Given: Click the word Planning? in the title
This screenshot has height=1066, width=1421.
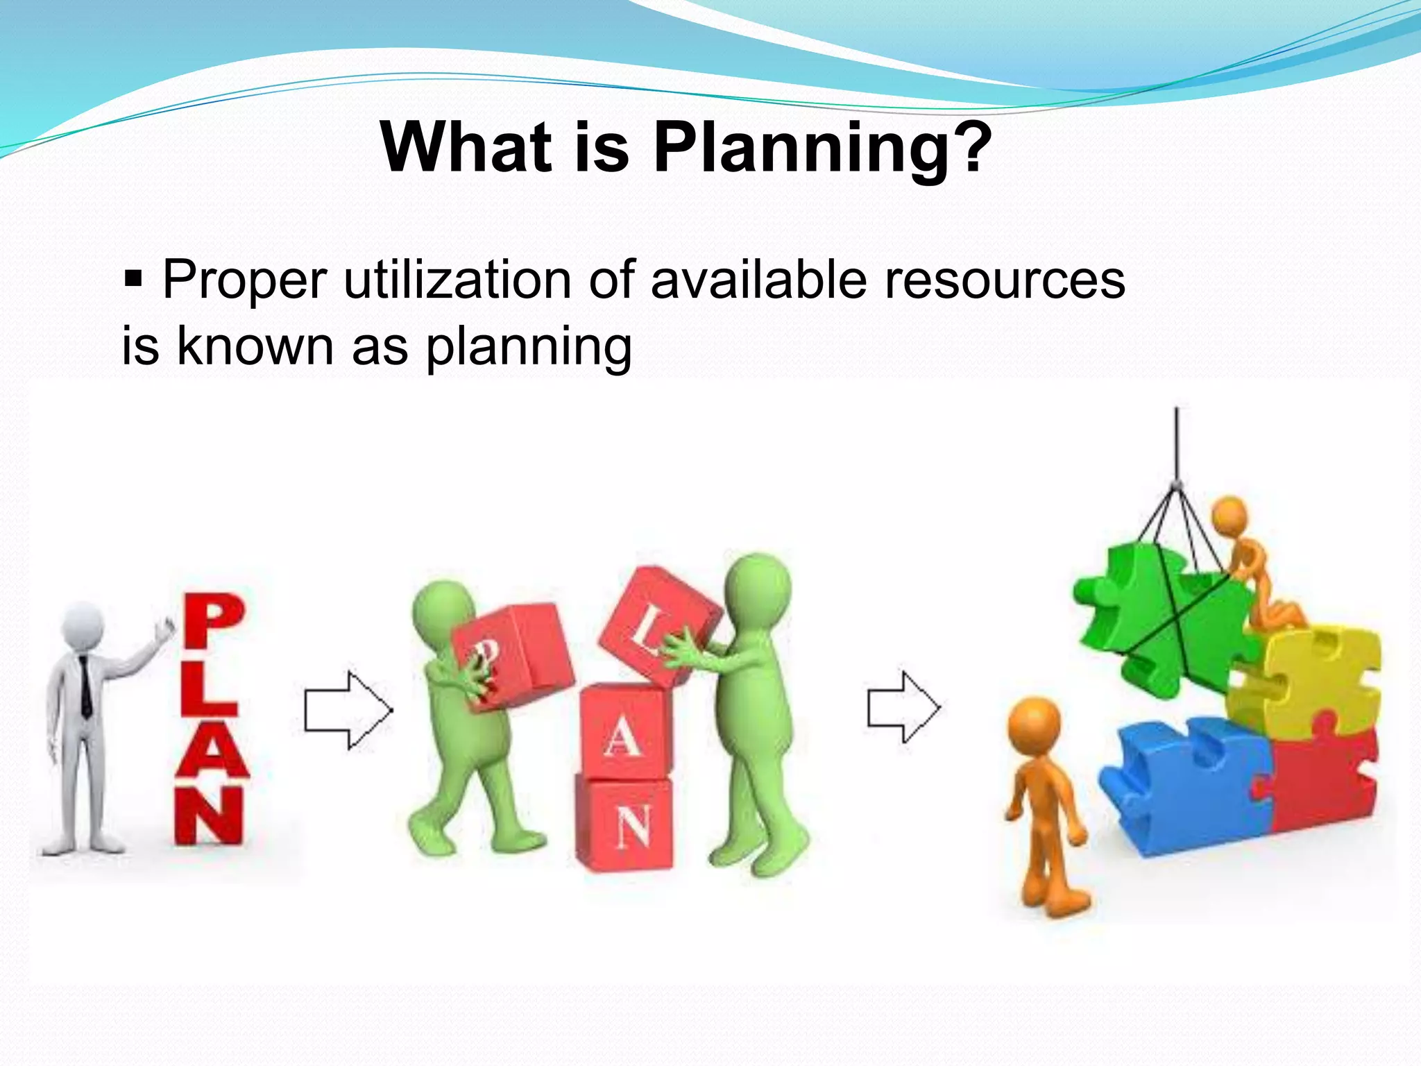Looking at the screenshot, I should pyautogui.click(x=823, y=148).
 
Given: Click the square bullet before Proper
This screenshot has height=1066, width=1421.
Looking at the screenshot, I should pyautogui.click(x=132, y=280).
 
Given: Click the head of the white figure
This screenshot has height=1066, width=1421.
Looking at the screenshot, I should pyautogui.click(x=82, y=623).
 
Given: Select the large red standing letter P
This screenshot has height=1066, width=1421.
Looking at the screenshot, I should pyautogui.click(x=214, y=623).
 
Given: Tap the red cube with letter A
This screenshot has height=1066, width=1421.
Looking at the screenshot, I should pyautogui.click(x=624, y=732).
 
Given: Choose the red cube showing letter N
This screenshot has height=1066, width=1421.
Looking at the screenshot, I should pyautogui.click(x=626, y=824).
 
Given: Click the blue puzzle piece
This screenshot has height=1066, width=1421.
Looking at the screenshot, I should pyautogui.click(x=1186, y=784).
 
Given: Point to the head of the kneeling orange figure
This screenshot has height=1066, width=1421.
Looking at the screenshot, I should pyautogui.click(x=1229, y=515).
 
